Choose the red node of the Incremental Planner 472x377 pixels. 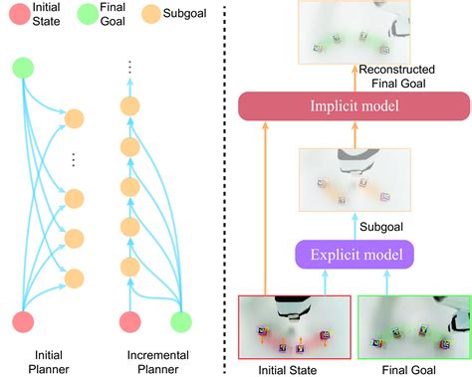[126, 322]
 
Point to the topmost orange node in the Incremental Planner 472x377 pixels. [126, 104]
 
